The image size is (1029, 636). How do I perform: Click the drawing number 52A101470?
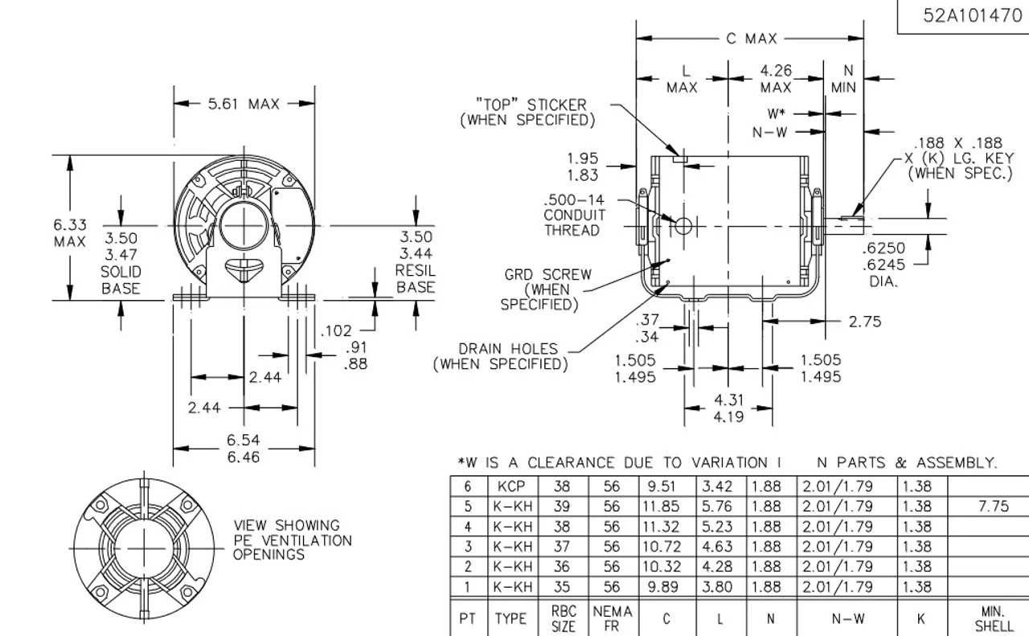pos(972,16)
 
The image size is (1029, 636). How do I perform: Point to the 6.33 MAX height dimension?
pos(70,233)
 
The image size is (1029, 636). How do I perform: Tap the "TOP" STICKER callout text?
pos(528,113)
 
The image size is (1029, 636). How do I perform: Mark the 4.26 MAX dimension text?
pos(776,79)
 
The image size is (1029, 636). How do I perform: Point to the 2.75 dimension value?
pos(865,322)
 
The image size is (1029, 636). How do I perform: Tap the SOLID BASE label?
pos(121,281)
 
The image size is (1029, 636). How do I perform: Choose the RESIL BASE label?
pos(416,279)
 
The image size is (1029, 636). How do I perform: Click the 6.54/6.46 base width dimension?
pos(244,449)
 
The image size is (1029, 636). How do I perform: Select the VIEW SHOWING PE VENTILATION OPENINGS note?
pos(293,540)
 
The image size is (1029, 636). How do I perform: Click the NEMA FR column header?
pos(613,618)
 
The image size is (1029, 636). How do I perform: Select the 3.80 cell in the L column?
pos(717,587)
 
